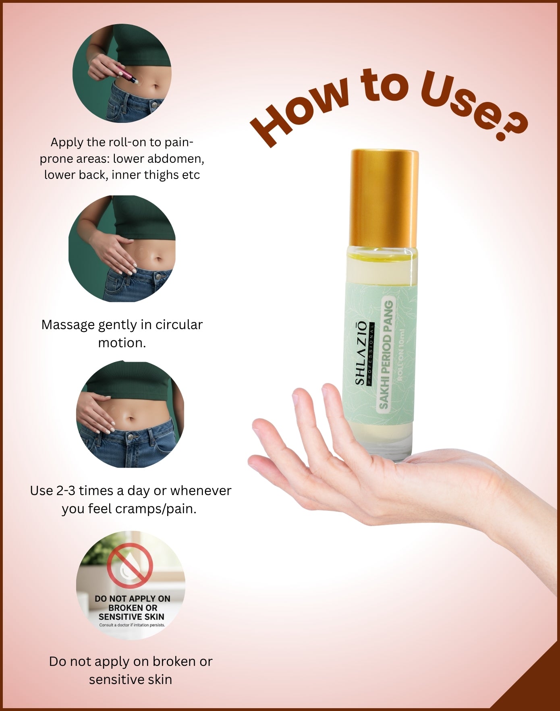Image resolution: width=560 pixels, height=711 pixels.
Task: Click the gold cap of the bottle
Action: point(384,197)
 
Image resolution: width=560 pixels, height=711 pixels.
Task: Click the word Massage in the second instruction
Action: point(67,325)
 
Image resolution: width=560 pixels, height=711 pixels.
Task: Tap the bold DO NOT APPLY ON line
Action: point(132,599)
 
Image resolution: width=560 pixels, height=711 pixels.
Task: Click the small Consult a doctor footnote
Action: point(132,625)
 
